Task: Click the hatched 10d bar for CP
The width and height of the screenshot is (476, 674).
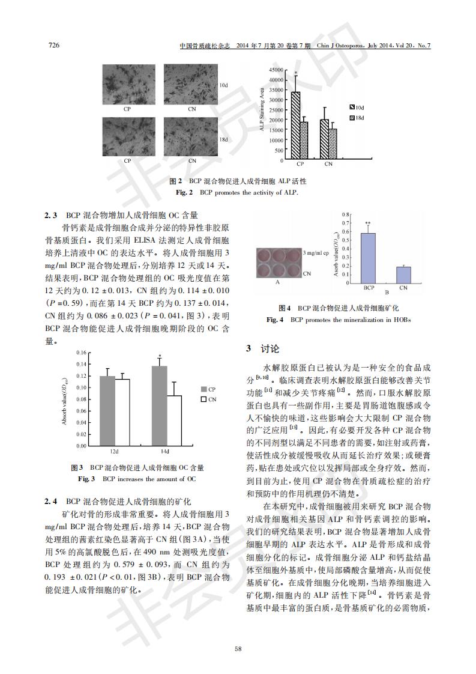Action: pyautogui.click(x=296, y=126)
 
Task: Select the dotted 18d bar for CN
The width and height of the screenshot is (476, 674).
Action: pyautogui.click(x=333, y=144)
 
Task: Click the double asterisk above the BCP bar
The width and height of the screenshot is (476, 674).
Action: pyautogui.click(x=367, y=221)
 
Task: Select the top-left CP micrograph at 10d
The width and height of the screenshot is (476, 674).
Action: pyautogui.click(x=127, y=84)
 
